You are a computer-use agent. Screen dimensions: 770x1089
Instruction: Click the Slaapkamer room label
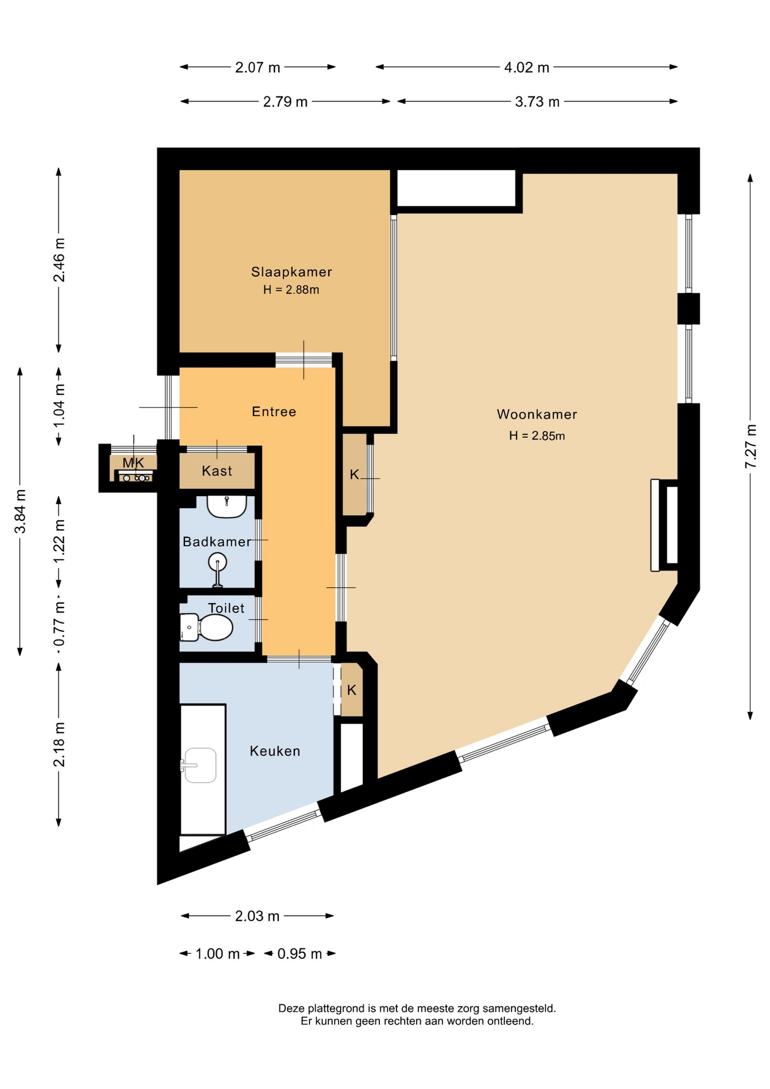point(291,272)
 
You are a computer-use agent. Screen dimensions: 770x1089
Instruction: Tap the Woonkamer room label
point(537,414)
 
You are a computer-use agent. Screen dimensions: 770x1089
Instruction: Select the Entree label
point(274,411)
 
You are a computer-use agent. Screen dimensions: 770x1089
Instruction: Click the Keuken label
point(275,751)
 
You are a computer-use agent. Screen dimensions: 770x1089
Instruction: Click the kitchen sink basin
point(200,765)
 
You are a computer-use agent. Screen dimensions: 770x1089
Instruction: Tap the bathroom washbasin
point(226,506)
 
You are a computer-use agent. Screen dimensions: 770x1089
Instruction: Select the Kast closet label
point(217,471)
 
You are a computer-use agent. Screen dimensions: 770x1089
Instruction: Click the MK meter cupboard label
point(133,462)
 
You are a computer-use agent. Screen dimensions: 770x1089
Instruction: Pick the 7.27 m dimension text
point(751,446)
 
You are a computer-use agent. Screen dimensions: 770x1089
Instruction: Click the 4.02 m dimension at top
point(527,67)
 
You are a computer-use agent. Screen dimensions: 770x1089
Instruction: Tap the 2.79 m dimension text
point(285,102)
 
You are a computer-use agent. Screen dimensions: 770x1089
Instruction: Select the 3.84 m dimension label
point(20,511)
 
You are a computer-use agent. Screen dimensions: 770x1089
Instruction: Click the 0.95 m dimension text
point(299,953)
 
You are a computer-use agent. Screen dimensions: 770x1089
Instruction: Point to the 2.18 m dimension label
point(59,744)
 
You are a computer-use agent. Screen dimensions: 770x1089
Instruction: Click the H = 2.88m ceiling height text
point(291,290)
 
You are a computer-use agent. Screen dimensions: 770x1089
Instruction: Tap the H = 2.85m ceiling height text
point(537,436)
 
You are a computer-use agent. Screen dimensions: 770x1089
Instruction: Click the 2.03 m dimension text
point(257,916)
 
